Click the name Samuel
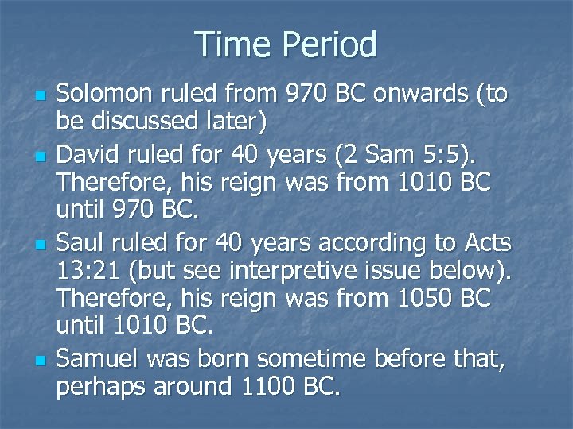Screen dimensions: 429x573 pos(94,360)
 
